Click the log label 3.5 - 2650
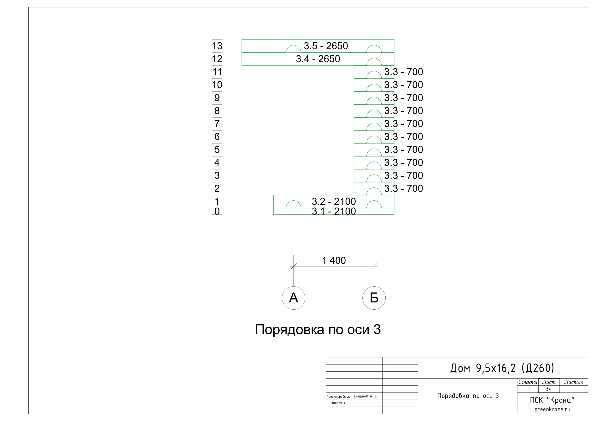click(326, 46)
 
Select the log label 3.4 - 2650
click(318, 59)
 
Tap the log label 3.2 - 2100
click(334, 201)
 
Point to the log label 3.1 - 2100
click(334, 211)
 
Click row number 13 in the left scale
click(217, 46)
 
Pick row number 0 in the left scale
click(217, 211)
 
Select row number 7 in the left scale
click(217, 124)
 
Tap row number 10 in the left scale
click(217, 85)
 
